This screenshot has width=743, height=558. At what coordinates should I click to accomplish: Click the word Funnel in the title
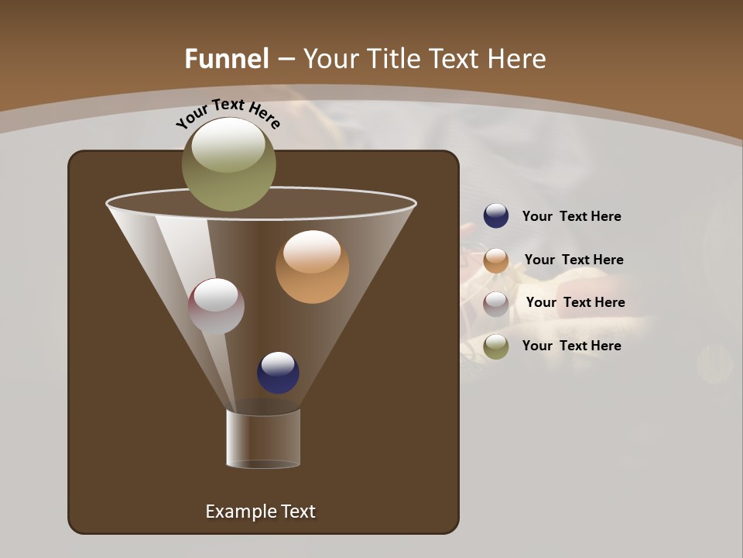click(226, 59)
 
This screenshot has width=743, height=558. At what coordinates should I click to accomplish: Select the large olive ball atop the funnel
click(228, 164)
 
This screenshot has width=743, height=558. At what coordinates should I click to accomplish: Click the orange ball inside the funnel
click(312, 267)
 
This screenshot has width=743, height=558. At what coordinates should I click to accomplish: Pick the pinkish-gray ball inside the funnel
click(216, 306)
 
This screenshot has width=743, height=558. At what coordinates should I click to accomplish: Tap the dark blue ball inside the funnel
click(278, 373)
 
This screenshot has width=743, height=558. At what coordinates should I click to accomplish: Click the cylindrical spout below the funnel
click(263, 439)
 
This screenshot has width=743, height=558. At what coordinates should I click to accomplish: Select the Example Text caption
click(260, 511)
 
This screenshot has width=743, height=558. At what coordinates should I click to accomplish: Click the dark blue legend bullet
click(496, 216)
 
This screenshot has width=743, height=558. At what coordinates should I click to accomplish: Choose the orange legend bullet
click(496, 260)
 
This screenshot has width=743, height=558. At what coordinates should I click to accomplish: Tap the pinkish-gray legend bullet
click(496, 303)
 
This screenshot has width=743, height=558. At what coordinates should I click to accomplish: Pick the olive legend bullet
click(496, 346)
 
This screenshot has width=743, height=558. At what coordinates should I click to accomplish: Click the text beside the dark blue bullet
click(571, 217)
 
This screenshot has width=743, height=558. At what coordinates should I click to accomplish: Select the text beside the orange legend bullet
click(574, 260)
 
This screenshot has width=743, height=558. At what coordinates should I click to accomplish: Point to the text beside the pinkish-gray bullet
click(575, 303)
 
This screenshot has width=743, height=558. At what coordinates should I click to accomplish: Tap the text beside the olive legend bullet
click(571, 346)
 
